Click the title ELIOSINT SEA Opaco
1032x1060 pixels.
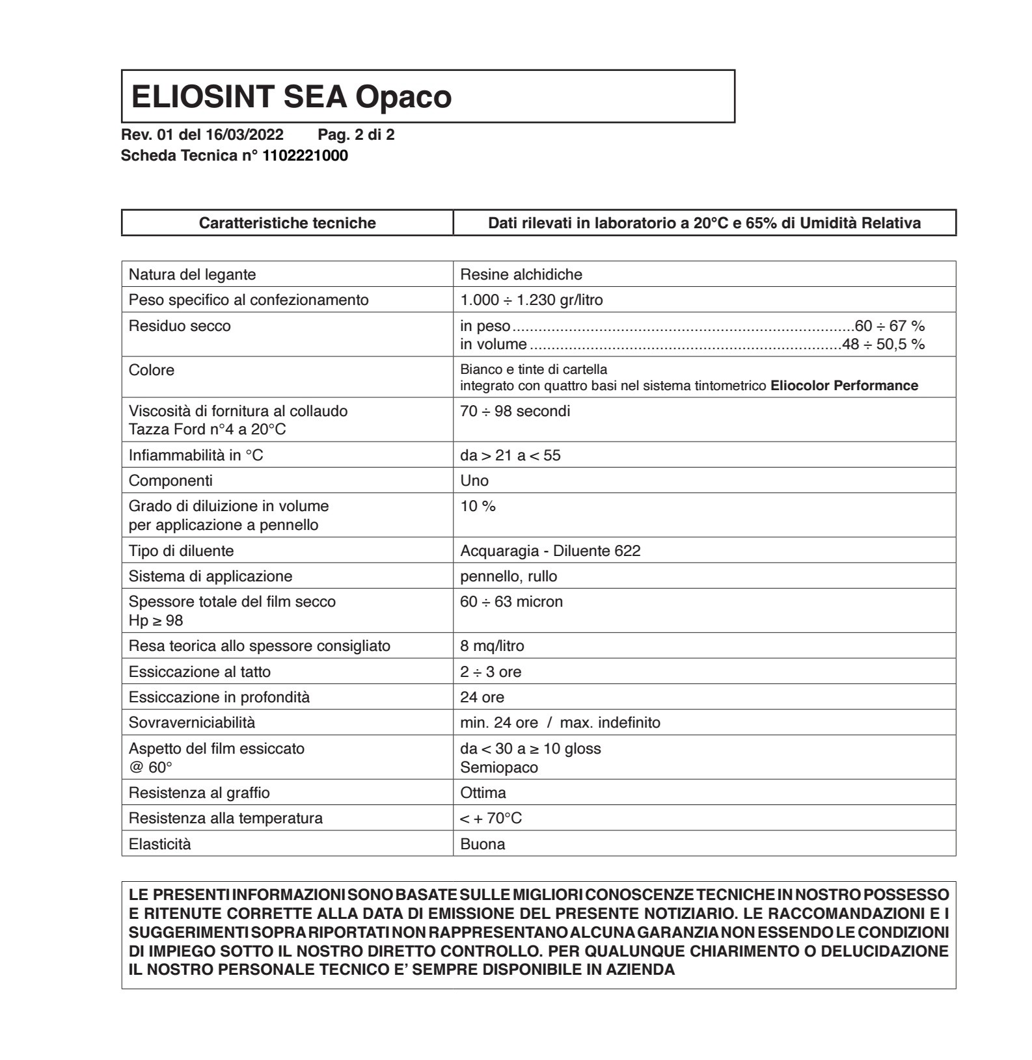pyautogui.click(x=291, y=97)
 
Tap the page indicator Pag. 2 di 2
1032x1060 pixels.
pyautogui.click(x=356, y=135)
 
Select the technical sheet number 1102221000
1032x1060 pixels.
pyautogui.click(x=305, y=155)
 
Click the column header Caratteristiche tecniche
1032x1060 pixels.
pyautogui.click(x=287, y=223)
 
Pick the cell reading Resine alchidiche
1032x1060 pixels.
pyautogui.click(x=521, y=274)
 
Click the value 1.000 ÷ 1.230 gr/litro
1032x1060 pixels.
pyautogui.click(x=532, y=300)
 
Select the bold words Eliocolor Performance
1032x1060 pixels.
pyautogui.click(x=844, y=386)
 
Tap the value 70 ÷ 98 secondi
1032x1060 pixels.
pyautogui.click(x=515, y=411)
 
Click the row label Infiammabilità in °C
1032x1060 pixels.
pyautogui.click(x=196, y=455)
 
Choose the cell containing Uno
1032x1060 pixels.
pyautogui.click(x=474, y=481)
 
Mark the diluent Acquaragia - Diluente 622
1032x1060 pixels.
pyautogui.click(x=550, y=551)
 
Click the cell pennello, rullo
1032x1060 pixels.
pyautogui.click(x=508, y=576)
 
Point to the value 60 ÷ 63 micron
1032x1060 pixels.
pyautogui.click(x=511, y=602)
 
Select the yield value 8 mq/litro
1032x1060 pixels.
pyautogui.click(x=492, y=646)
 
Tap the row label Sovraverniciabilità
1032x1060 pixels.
pyautogui.click(x=192, y=722)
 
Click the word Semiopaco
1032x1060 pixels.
pyautogui.click(x=499, y=767)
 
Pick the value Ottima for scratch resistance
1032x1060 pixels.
pyautogui.click(x=483, y=793)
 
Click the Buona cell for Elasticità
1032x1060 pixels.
pyautogui.click(x=482, y=844)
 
